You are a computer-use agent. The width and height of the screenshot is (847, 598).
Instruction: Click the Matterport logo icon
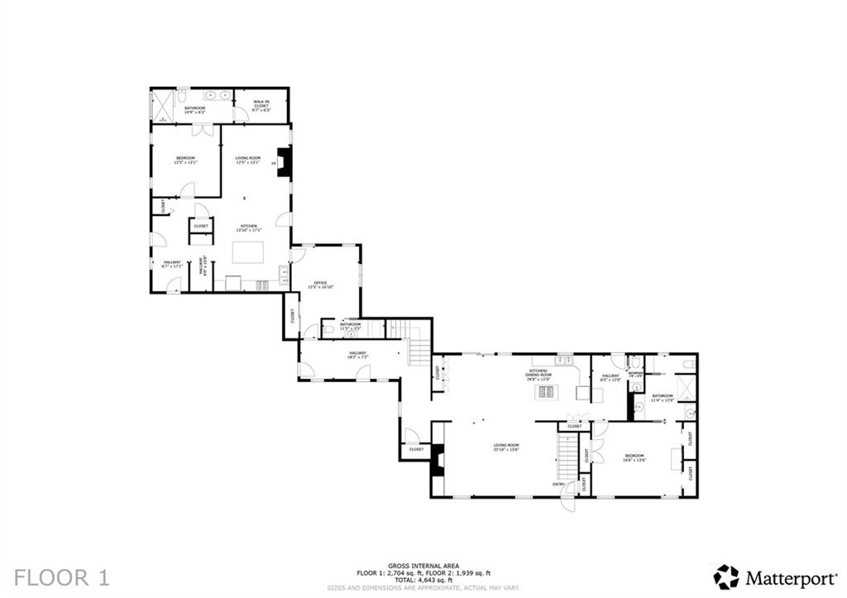(726, 576)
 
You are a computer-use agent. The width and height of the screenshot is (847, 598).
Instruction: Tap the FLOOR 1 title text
(62, 576)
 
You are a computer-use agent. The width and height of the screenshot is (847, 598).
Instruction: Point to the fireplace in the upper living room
(284, 163)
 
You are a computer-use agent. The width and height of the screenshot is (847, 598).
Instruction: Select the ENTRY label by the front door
(559, 485)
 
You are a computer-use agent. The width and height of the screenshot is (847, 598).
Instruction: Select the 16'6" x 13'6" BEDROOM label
(634, 457)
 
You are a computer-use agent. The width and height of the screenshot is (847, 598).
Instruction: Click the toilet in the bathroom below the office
(330, 330)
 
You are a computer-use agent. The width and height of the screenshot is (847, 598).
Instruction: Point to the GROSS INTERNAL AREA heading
(423, 566)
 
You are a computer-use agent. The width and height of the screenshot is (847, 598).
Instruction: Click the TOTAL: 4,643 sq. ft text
(423, 580)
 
